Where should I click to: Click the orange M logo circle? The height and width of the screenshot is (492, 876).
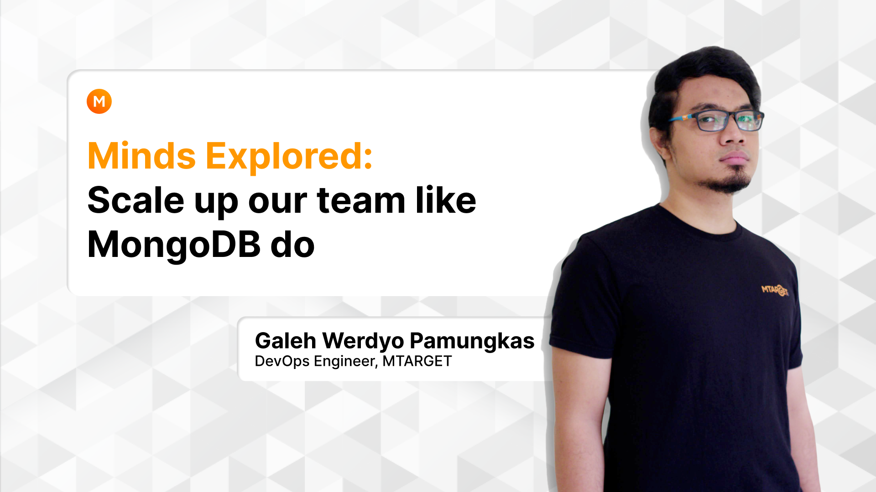point(99,101)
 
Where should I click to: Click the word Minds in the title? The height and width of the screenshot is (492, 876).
point(141,156)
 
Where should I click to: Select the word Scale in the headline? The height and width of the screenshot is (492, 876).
point(136,200)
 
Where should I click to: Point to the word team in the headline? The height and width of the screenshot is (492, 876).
point(361,201)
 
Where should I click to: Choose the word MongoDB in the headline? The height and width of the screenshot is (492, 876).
point(174,245)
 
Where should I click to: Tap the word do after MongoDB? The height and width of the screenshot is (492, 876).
point(292,245)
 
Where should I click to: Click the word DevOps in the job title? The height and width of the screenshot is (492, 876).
point(282,361)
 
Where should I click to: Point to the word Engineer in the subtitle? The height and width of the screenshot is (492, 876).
point(346,362)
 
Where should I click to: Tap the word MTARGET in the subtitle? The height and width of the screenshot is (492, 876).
point(417,361)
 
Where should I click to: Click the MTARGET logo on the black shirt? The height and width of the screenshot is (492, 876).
point(775,290)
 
